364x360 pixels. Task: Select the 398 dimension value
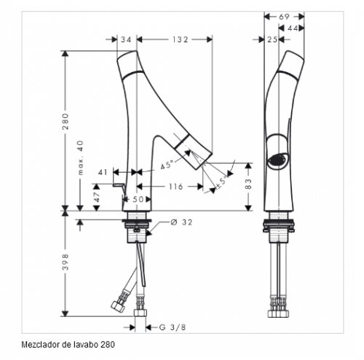pyautogui.click(x=66, y=262)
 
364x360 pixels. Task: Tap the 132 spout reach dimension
pyautogui.click(x=180, y=39)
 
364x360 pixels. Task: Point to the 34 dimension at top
pyautogui.click(x=126, y=39)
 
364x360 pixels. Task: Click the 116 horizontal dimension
pyautogui.click(x=175, y=187)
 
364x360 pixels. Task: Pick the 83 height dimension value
pyautogui.click(x=249, y=184)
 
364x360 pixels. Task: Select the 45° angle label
pyautogui.click(x=167, y=165)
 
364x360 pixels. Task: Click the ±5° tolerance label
pyautogui.click(x=223, y=181)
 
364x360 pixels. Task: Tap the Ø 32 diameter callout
pyautogui.click(x=181, y=222)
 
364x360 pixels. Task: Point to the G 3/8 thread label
pyautogui.click(x=173, y=327)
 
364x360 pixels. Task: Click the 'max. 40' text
pyautogui.click(x=80, y=157)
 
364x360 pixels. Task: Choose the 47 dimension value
pyautogui.click(x=97, y=197)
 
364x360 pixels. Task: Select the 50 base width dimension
pyautogui.click(x=138, y=200)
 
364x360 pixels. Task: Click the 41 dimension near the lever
pyautogui.click(x=103, y=172)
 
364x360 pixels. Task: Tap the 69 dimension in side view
pyautogui.click(x=284, y=17)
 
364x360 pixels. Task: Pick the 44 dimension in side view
pyautogui.click(x=293, y=28)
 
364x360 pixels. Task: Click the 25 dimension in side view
pyautogui.click(x=272, y=39)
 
